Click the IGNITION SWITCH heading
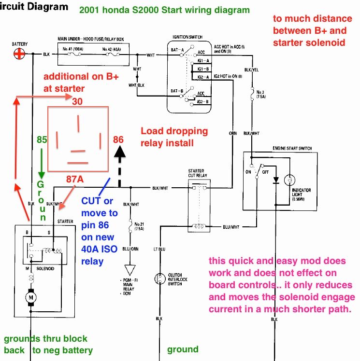pyautogui.click(x=187, y=37)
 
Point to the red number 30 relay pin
pyautogui.click(x=77, y=101)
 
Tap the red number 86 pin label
pyautogui.click(x=118, y=140)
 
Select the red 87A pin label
pyautogui.click(x=75, y=179)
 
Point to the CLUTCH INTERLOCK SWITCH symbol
pyautogui.click(x=160, y=279)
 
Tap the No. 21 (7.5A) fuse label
pyautogui.click(x=139, y=225)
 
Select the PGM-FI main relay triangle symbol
pyautogui.click(x=130, y=269)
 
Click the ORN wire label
pyautogui.click(x=233, y=133)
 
